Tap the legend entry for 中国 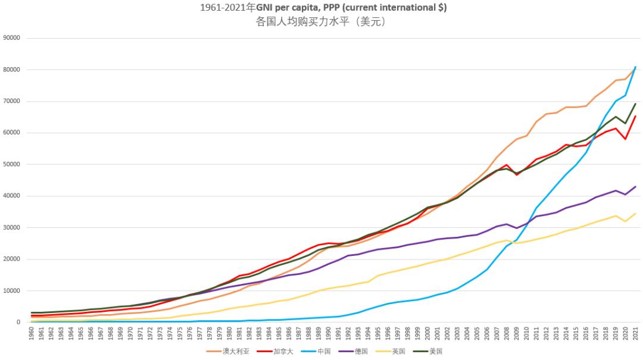pos(326,351)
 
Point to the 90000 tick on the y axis pos(12,38)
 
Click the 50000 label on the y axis pos(12,164)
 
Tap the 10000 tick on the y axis pos(12,291)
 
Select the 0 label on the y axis pos(18,323)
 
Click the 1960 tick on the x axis pos(32,333)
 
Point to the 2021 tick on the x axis pos(636,333)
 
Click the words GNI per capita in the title pos(286,8)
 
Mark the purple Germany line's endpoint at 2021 pos(636,187)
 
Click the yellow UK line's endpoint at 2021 pos(636,214)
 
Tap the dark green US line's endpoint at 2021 pos(636,104)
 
